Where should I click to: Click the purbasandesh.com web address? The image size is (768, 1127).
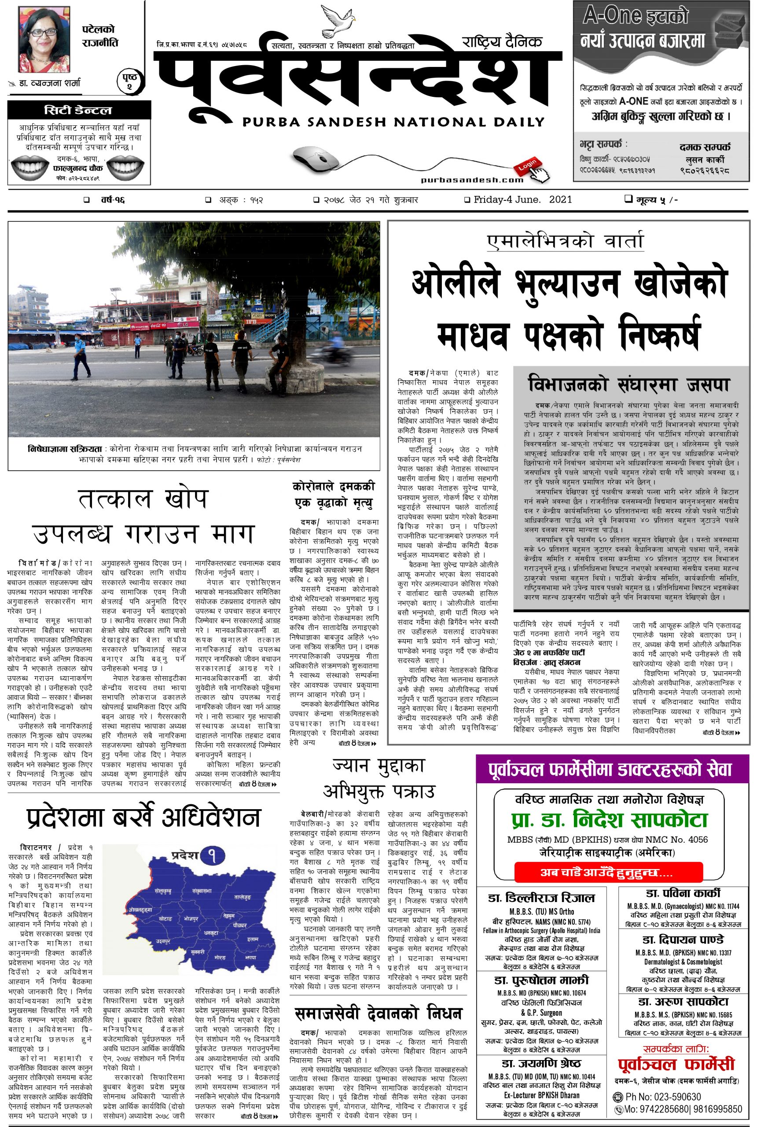pos(472,180)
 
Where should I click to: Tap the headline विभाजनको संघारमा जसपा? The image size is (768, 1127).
pos(629,385)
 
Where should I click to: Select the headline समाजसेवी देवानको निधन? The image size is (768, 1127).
pos(378,1013)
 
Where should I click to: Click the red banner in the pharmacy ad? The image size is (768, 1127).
pos(608,873)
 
